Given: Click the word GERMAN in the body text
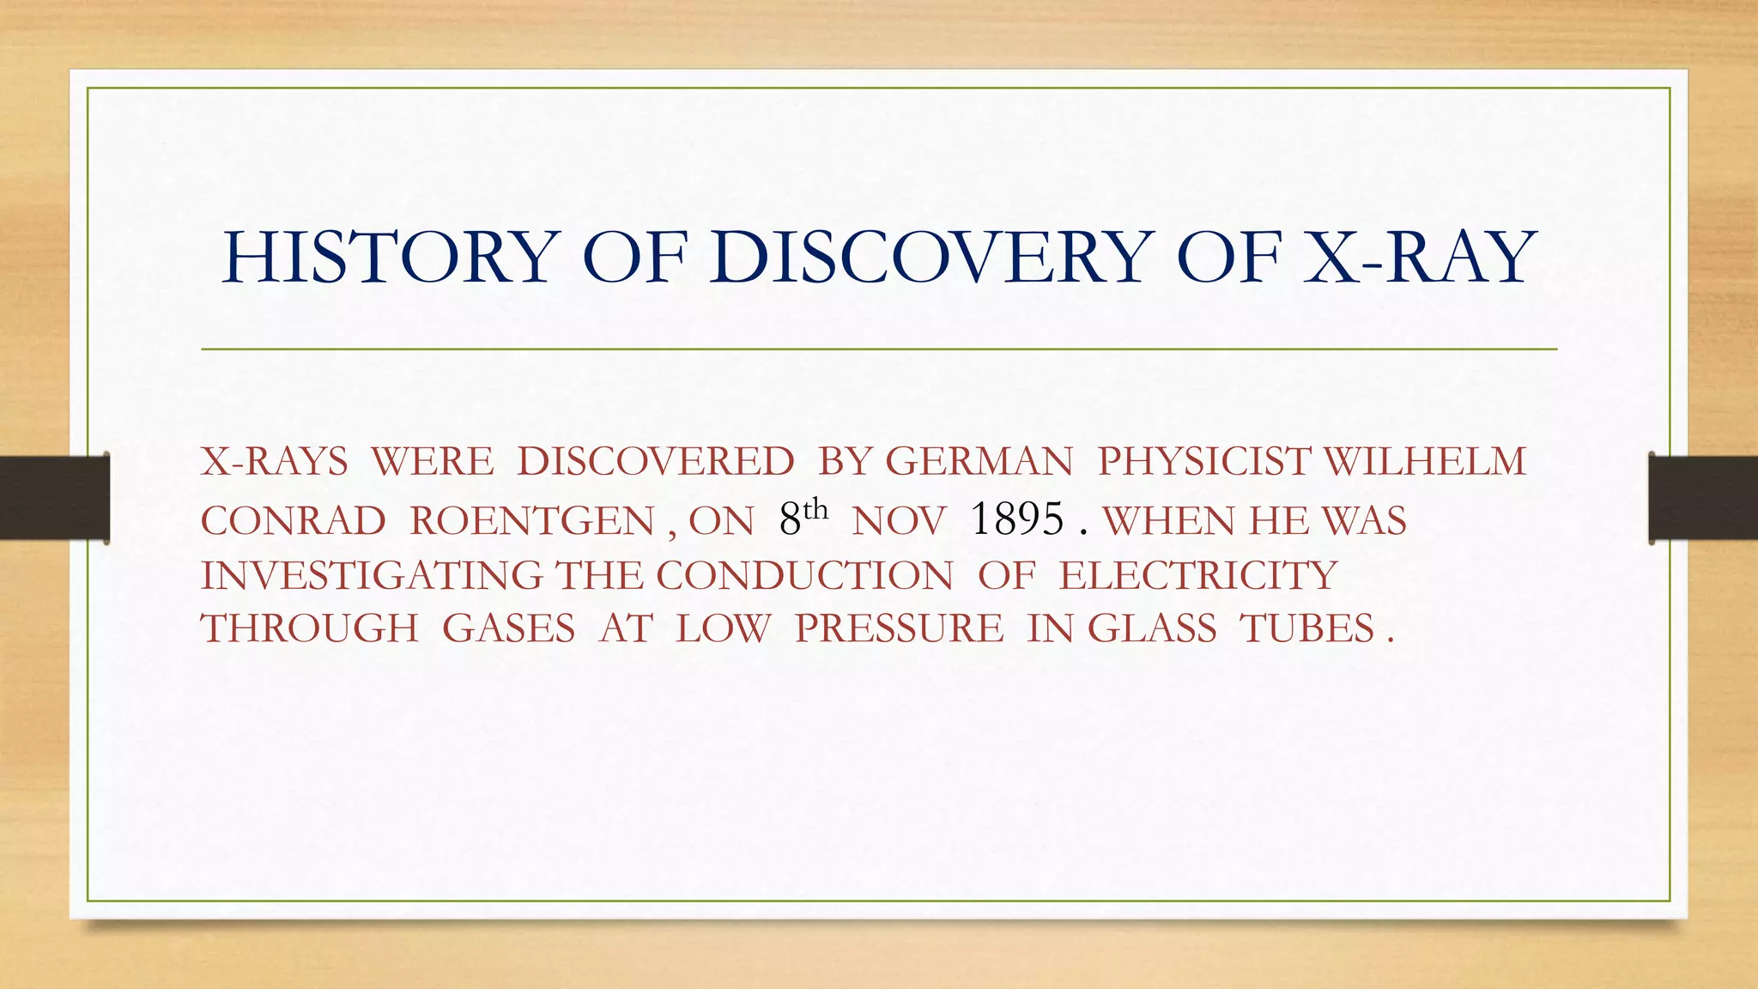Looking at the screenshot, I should pos(979,462).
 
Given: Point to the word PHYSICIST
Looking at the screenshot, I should pos(1203,462).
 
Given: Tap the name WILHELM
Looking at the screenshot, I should pos(1425,462).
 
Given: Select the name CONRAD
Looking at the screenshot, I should pos(294,521).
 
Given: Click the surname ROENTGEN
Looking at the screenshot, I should pos(532,521).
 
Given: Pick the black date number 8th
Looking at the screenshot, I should pos(803,518).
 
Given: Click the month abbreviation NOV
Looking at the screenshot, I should pos(899,521).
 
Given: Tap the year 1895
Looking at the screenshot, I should pos(1017,519).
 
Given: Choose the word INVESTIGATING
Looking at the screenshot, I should pos(372,575).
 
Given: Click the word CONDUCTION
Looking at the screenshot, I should pos(804,575).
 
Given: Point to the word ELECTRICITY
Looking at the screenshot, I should pos(1198,575).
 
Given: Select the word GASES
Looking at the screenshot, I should pos(508,628).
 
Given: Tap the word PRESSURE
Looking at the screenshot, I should pos(899,628).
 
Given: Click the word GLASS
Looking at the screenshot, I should pos(1152,628).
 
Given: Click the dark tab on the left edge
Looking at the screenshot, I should pos(54,498).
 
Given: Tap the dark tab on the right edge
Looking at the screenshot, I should pos(1703,498).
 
